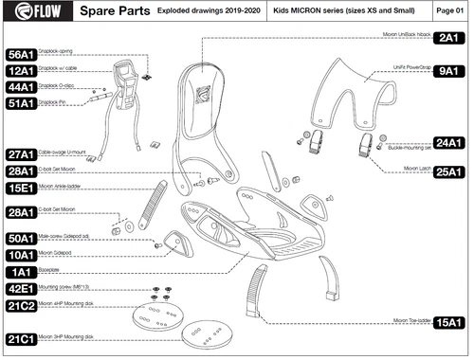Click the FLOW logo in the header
point(34,12)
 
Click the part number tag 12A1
point(21,71)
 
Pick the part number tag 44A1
point(21,87)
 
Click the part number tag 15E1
point(21,189)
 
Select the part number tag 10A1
point(21,255)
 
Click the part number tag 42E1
point(21,289)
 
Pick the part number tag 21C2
point(21,306)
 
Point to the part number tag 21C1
point(21,339)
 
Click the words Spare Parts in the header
point(112,12)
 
